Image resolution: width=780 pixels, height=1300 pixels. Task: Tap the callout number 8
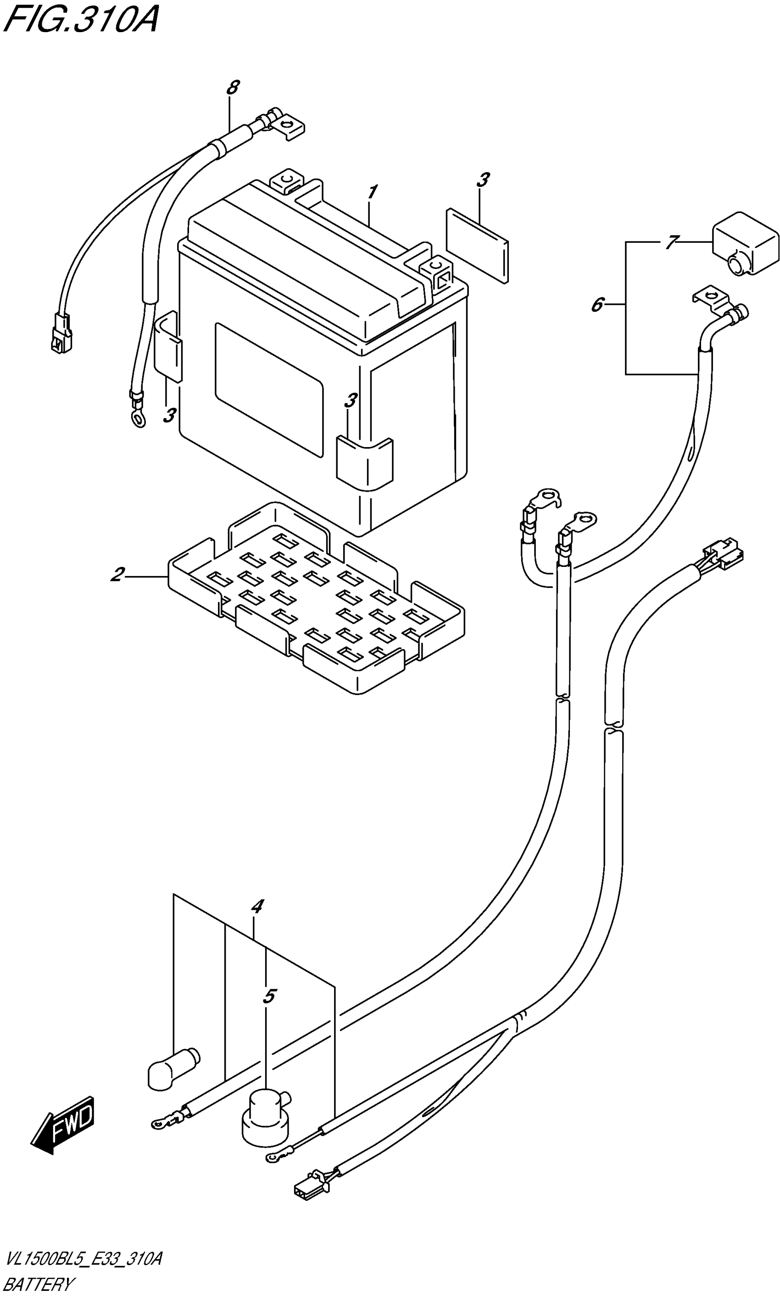tap(233, 87)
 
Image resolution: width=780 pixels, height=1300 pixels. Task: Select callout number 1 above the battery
tap(372, 192)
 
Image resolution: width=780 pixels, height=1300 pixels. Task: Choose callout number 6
tap(597, 305)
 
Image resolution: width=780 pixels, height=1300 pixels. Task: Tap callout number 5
tap(269, 996)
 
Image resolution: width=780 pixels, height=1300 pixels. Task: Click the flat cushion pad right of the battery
tap(477, 245)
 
